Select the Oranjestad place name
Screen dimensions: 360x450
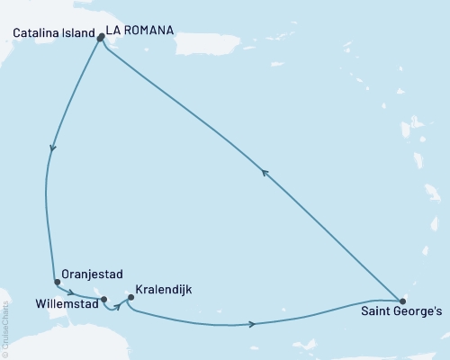[92, 274]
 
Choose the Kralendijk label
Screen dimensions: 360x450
[162, 292]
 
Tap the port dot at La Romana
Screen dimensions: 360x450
[100, 38]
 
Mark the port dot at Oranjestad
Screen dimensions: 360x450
[57, 282]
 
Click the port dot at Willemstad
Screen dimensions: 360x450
[104, 300]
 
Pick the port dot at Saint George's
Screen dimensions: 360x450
[401, 301]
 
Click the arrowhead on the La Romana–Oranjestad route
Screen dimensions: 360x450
[53, 148]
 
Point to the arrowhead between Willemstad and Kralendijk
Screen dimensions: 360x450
[117, 306]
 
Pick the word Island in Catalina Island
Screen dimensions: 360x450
[79, 33]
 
